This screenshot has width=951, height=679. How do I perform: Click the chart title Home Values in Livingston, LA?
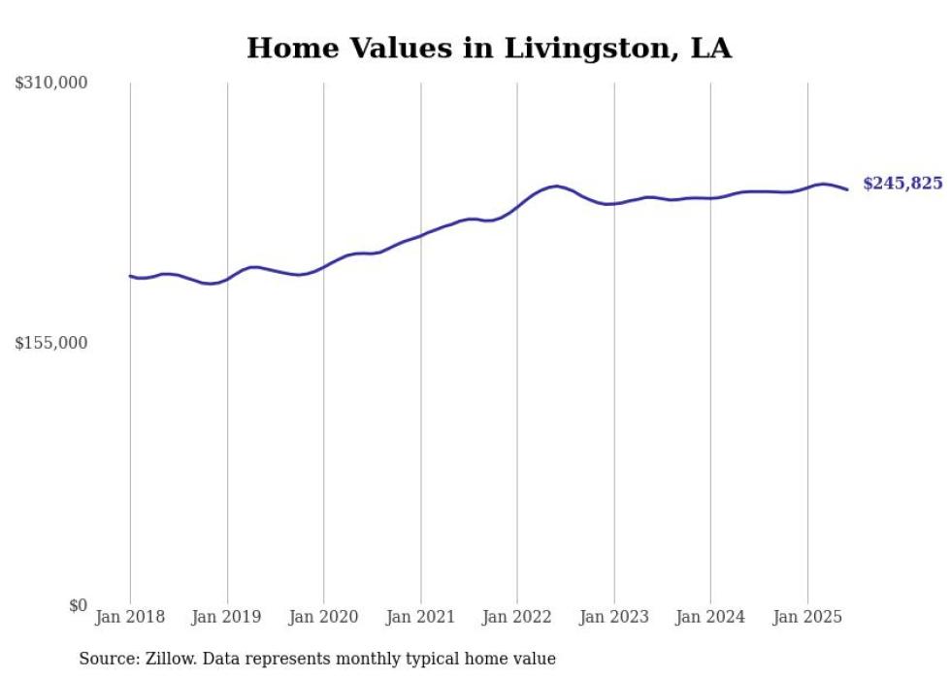(x=489, y=48)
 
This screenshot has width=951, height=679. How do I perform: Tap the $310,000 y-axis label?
(x=51, y=84)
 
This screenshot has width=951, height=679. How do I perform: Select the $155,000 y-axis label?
(x=51, y=343)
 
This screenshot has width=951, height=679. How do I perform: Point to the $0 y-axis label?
(x=78, y=605)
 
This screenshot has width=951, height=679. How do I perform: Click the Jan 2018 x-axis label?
(x=130, y=617)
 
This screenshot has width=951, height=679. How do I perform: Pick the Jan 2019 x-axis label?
(x=227, y=617)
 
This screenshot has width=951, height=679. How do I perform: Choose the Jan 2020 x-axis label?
(x=324, y=617)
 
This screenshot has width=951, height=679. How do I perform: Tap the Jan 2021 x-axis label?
(x=420, y=617)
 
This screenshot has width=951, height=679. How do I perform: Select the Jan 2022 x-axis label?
(x=517, y=617)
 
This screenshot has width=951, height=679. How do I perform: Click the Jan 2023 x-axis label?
(x=613, y=617)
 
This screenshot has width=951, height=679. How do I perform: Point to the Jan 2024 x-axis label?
(x=710, y=617)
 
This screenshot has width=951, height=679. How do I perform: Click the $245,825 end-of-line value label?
(x=902, y=184)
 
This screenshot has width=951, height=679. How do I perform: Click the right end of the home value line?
(x=848, y=189)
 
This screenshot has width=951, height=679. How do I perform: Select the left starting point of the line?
(x=131, y=276)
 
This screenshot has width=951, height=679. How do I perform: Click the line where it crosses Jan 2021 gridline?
(x=420, y=235)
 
